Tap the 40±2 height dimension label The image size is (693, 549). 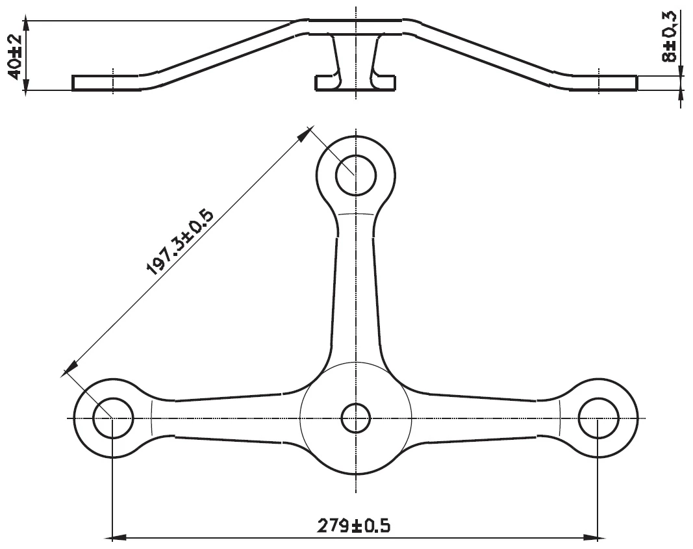point(14,56)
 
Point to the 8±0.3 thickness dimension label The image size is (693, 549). point(670,38)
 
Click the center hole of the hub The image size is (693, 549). point(355,418)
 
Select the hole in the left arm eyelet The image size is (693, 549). point(113,418)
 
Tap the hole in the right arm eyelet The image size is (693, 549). point(598,418)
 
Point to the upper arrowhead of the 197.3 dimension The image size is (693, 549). point(303,133)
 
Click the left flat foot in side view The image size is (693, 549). point(104,83)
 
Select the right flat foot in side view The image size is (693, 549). point(604,83)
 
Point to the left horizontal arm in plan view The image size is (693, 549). point(227,418)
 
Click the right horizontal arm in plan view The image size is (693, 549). point(484,418)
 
